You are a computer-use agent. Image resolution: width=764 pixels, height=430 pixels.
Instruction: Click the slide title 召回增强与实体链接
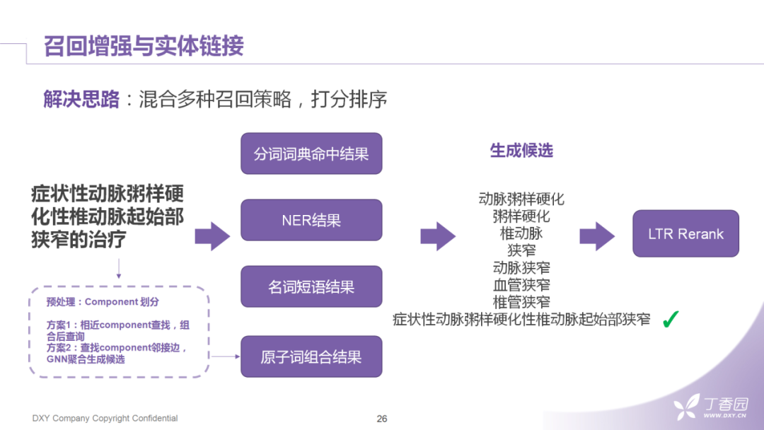coord(144,46)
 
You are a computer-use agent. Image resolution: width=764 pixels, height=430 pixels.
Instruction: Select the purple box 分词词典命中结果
coord(311,153)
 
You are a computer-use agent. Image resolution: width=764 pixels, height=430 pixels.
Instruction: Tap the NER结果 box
coord(311,220)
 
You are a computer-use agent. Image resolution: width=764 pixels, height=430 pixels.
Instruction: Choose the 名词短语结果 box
coord(311,286)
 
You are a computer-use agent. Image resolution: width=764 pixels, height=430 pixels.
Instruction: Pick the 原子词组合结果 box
coord(311,356)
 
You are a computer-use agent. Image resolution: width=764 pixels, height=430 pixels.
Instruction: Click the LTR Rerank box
coord(685,233)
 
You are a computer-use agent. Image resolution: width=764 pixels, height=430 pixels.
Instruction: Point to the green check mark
coord(670,320)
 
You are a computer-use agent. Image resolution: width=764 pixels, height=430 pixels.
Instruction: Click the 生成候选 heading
coord(521,151)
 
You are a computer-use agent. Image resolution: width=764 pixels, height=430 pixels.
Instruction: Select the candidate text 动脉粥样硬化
coord(521,199)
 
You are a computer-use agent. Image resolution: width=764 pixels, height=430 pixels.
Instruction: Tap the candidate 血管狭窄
coord(521,285)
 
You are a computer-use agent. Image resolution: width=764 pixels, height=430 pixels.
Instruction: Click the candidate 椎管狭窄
coord(521,302)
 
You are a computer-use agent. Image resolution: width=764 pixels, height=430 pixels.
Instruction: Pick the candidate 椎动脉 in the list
coord(521,233)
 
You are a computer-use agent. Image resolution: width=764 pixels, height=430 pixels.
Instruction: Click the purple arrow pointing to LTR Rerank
coord(597,236)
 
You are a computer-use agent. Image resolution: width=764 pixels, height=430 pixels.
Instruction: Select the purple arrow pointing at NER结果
coord(212,236)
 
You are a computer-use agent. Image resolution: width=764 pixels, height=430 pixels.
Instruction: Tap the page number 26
coord(382,419)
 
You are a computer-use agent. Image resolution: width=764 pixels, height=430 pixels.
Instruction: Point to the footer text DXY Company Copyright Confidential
coord(105,419)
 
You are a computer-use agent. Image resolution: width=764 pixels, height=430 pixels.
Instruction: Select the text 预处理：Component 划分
coord(103,302)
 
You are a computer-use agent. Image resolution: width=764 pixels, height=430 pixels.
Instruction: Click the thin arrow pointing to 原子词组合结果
coord(226,356)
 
